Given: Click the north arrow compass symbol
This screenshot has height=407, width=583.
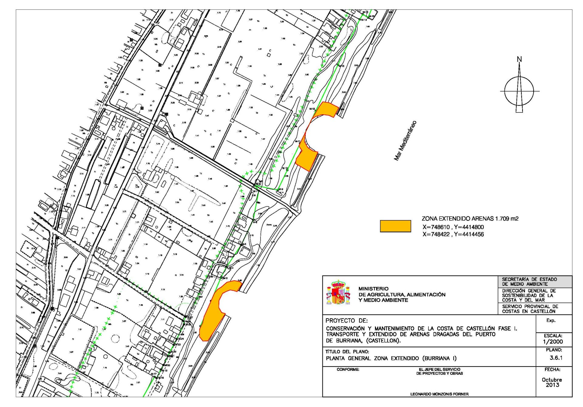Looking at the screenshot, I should tap(519, 90).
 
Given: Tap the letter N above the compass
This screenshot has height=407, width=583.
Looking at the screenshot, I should tap(519, 59).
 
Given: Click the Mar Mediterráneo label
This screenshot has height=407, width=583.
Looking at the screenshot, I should tap(405, 140).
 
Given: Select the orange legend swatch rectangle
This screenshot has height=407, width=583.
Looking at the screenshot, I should tap(395, 226).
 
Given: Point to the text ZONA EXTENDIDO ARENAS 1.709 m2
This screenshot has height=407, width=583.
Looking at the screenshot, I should tap(470, 219).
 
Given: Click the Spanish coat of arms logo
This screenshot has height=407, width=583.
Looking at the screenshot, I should tap(338, 293).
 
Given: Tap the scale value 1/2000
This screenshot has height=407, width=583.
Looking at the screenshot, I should tap(553, 341).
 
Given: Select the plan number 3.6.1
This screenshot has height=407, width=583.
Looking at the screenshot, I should tap(556, 358).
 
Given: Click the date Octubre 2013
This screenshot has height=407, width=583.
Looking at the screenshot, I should tap(552, 382).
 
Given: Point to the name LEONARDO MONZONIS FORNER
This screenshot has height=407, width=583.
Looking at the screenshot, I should tap(439, 394).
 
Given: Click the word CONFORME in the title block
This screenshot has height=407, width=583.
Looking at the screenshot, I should tap(348, 370).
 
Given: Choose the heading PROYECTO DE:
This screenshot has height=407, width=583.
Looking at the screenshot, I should tap(346, 320).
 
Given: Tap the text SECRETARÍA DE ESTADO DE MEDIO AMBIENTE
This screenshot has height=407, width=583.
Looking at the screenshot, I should tap(529, 281).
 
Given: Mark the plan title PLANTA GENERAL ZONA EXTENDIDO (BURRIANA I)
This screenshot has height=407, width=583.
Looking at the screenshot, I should tap(391, 358).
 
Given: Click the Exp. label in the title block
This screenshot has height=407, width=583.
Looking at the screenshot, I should tap(551, 320).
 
